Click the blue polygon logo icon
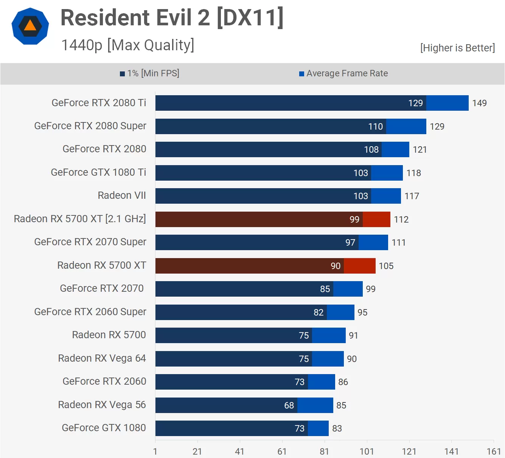point(30,26)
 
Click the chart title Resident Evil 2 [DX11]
point(172,17)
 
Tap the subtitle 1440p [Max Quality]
point(127,45)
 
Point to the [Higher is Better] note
point(457,48)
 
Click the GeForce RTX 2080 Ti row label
point(99,103)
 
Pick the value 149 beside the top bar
point(479,103)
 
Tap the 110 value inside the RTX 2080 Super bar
point(376,127)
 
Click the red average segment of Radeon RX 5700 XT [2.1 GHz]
point(376,220)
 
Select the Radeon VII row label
point(122,195)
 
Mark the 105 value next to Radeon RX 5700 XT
point(386,266)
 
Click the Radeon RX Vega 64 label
point(102,358)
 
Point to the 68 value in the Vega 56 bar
point(289,405)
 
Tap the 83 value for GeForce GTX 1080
point(337,429)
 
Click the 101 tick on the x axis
point(367,452)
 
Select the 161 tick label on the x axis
point(494,452)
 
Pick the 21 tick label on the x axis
point(197,452)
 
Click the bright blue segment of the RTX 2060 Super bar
point(340,313)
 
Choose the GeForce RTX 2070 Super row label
point(90,242)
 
